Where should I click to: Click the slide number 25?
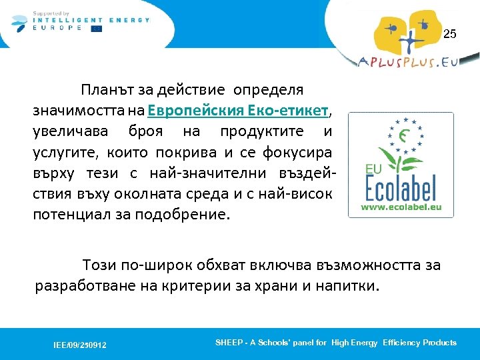(x=450, y=34)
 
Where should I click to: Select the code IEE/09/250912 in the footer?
(x=80, y=345)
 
